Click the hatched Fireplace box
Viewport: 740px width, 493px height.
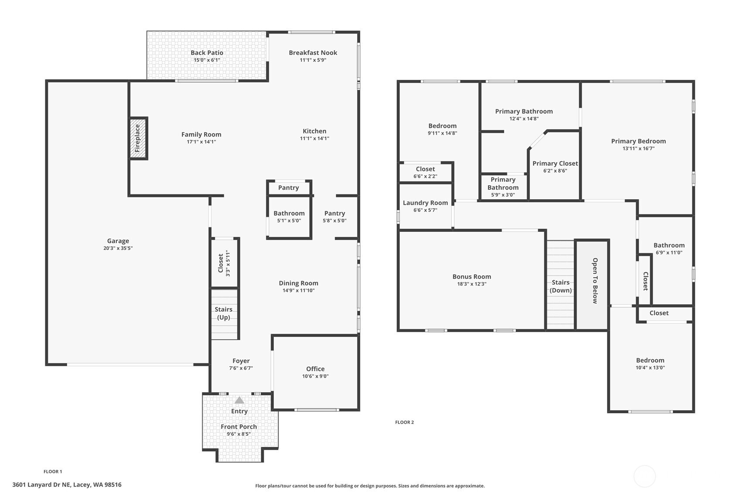point(138,138)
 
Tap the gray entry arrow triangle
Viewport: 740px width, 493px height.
point(239,400)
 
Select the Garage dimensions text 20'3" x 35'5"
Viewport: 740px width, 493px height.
point(118,248)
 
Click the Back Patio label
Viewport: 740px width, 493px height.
point(207,52)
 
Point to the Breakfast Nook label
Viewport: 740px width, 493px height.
point(313,52)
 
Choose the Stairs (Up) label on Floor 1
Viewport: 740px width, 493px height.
point(223,313)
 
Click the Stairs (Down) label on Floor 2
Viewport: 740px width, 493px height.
point(561,286)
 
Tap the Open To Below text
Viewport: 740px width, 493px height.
point(595,281)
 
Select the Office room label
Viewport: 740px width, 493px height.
point(315,369)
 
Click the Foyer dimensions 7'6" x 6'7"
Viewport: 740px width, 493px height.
point(241,368)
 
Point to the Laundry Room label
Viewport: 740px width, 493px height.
point(425,203)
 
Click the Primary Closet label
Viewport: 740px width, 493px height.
point(555,163)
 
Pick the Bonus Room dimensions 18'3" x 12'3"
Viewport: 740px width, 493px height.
point(472,284)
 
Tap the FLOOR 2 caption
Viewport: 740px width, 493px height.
point(404,422)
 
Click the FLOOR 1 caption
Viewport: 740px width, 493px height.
point(53,472)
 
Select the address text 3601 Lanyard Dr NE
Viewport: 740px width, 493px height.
point(41,485)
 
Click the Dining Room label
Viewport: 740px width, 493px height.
point(298,283)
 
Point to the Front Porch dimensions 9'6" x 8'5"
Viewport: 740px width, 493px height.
point(239,434)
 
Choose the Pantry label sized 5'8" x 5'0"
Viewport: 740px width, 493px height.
point(334,213)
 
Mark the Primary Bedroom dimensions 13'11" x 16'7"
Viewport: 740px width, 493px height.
point(638,149)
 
